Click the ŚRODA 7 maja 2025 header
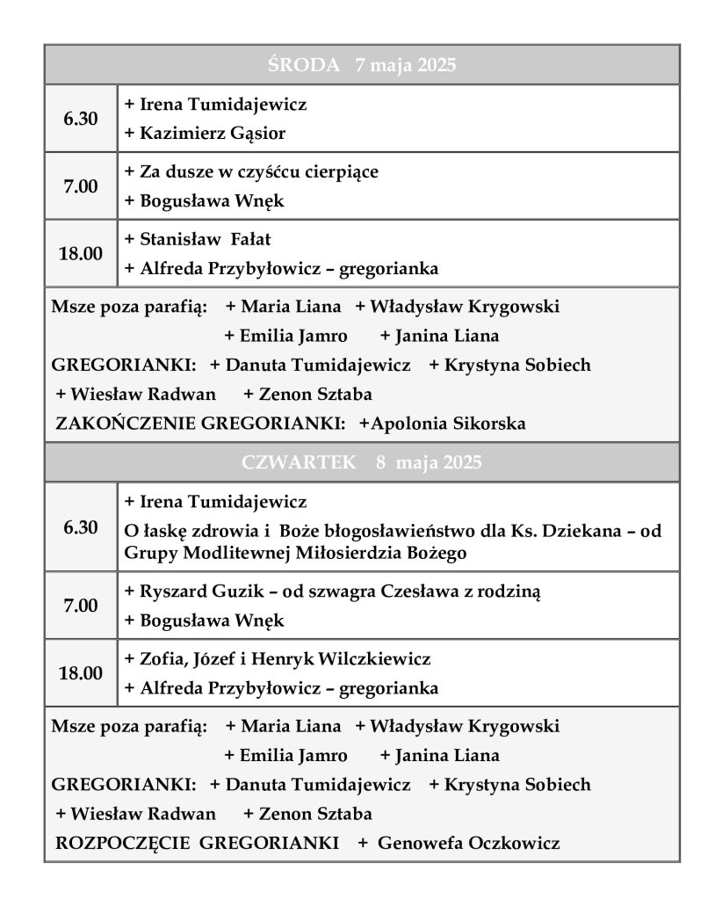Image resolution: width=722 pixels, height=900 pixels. point(361,65)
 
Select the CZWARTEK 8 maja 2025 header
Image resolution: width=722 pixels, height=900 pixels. point(361,462)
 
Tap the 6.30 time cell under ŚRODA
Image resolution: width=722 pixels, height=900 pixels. point(81,119)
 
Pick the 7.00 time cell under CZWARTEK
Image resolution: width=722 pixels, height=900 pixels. point(81,606)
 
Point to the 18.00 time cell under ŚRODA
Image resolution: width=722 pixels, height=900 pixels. point(81,254)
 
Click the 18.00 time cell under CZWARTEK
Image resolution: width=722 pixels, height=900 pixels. point(81,673)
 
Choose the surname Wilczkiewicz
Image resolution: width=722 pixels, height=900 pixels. point(374,658)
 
